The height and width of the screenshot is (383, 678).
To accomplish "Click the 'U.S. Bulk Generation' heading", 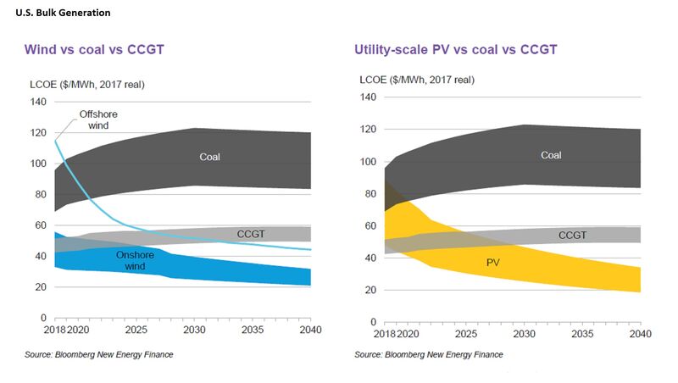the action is (x=63, y=13).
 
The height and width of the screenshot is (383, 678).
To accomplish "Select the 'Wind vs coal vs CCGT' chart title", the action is (x=94, y=49).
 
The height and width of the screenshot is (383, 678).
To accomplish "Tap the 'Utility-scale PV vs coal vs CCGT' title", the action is (x=456, y=49).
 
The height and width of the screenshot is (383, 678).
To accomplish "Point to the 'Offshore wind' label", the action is (x=98, y=119).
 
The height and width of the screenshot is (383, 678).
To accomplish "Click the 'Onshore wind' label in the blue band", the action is (x=135, y=260).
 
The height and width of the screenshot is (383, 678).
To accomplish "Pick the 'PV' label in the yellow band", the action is (x=493, y=263).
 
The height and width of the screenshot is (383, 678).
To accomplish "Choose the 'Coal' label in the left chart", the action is (x=209, y=157).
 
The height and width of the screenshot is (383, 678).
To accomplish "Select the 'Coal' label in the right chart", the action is (x=551, y=155).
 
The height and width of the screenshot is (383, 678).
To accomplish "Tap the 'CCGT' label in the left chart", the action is (x=251, y=234).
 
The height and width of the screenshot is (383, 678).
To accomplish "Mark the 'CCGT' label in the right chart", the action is (x=573, y=236).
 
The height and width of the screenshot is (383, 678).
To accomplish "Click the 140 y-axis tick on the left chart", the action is (x=38, y=102).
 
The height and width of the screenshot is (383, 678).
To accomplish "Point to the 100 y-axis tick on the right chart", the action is (x=368, y=162).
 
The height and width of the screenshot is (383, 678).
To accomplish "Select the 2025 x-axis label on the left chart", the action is (x=136, y=330).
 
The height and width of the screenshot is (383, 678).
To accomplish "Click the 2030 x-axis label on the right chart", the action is (x=524, y=334).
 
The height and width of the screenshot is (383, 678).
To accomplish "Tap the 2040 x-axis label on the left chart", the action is (x=311, y=330).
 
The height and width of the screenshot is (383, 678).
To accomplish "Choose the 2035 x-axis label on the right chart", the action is (x=582, y=334).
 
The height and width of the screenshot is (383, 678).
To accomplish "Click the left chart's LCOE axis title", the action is (x=87, y=84).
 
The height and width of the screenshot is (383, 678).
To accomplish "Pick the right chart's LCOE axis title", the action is (x=417, y=80).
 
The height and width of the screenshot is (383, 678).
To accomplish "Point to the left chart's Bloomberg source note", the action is (x=99, y=354).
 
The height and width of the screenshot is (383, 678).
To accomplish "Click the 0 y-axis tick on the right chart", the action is (x=374, y=322).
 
